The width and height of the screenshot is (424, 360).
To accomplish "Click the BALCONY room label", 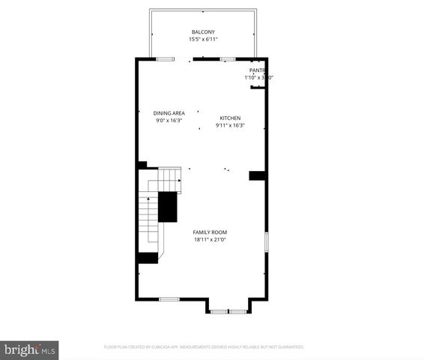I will [x=202, y=31].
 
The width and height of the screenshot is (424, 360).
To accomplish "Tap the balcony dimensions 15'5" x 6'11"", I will [x=202, y=38].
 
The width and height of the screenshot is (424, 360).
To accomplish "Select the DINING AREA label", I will [x=169, y=113].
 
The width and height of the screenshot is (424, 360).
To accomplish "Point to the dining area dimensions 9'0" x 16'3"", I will [x=169, y=120].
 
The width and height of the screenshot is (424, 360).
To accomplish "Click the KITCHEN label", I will [x=230, y=118].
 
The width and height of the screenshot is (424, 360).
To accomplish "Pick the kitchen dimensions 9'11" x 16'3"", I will [x=230, y=124].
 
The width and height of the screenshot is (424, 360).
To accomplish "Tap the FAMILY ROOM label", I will [x=210, y=232].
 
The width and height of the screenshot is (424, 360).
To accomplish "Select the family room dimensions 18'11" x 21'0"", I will [x=210, y=240].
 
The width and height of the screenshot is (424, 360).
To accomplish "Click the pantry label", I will [x=258, y=70].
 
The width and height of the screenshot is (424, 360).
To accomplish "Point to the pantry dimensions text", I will [x=258, y=77].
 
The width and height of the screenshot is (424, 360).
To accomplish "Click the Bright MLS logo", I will [x=30, y=349].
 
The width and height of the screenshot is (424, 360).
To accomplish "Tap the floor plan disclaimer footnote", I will [x=203, y=347].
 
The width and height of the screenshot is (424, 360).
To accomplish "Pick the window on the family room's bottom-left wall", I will [x=169, y=299].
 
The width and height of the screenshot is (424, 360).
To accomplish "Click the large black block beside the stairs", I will [x=167, y=205].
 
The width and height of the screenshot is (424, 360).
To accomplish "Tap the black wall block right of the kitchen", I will [x=258, y=175].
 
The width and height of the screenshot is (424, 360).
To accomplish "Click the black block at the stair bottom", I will [x=148, y=257].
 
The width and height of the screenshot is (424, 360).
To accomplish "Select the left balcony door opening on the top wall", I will [x=166, y=58].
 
